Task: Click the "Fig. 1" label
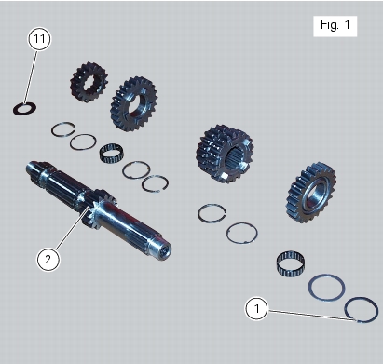(335, 25)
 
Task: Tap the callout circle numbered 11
(39, 39)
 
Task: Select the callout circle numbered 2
(48, 259)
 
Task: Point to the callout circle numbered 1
(256, 308)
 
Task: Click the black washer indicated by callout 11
(16, 110)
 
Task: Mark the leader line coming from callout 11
(31, 76)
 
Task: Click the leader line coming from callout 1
(311, 315)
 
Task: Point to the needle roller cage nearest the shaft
(112, 153)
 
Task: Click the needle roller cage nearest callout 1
(291, 263)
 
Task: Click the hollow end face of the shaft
(162, 250)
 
